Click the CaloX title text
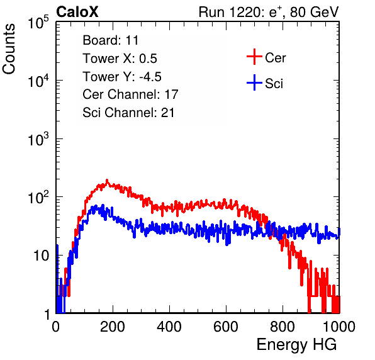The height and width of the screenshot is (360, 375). click(77, 12)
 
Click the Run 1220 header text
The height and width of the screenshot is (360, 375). click(269, 12)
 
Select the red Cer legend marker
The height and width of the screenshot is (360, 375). click(254, 57)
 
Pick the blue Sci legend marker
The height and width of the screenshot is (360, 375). click(254, 82)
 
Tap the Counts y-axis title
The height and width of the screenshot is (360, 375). click(9, 49)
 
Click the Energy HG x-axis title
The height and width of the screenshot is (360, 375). click(296, 345)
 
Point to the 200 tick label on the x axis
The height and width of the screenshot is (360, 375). click(113, 327)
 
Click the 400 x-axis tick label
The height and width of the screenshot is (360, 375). click(169, 327)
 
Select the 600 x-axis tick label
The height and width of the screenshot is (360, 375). click(226, 327)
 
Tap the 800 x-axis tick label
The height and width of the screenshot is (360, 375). click(283, 327)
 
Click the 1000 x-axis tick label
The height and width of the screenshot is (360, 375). click(339, 327)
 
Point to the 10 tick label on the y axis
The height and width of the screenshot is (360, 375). click(41, 256)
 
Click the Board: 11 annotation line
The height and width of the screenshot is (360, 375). click(111, 40)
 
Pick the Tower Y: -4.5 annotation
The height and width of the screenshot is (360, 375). click(122, 77)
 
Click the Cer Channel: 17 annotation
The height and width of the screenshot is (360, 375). click(130, 94)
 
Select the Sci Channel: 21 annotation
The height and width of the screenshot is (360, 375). click(128, 113)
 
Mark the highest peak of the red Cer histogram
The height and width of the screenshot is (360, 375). click(107, 180)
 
